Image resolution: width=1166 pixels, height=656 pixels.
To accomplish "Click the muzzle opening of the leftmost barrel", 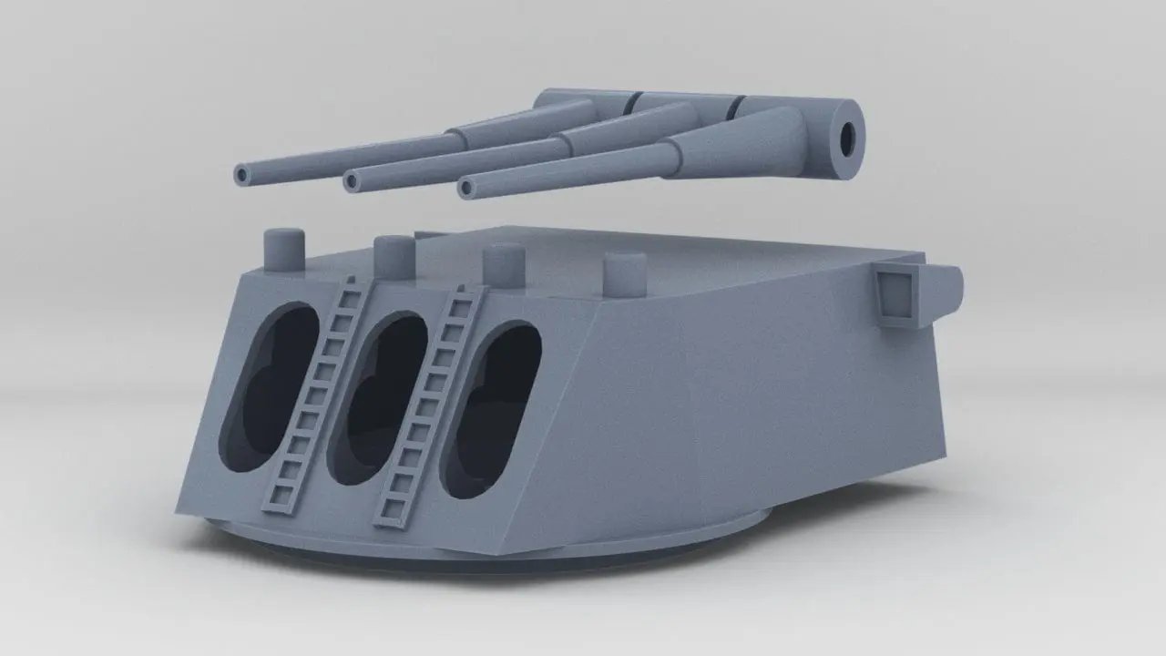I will pyautogui.click(x=242, y=174).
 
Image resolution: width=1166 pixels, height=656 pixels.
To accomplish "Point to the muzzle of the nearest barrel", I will pyautogui.click(x=467, y=189).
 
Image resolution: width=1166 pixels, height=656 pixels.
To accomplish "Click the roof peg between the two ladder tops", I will pyautogui.click(x=394, y=255).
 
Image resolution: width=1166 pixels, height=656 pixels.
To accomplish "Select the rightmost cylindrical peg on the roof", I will pyautogui.click(x=625, y=272).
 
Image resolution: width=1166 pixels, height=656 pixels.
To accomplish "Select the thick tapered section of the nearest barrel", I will pyautogui.click(x=729, y=146).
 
